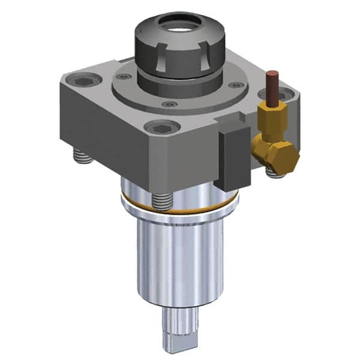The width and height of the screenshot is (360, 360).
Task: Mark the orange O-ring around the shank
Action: (180, 208)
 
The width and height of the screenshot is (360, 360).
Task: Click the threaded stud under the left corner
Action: (79, 157)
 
